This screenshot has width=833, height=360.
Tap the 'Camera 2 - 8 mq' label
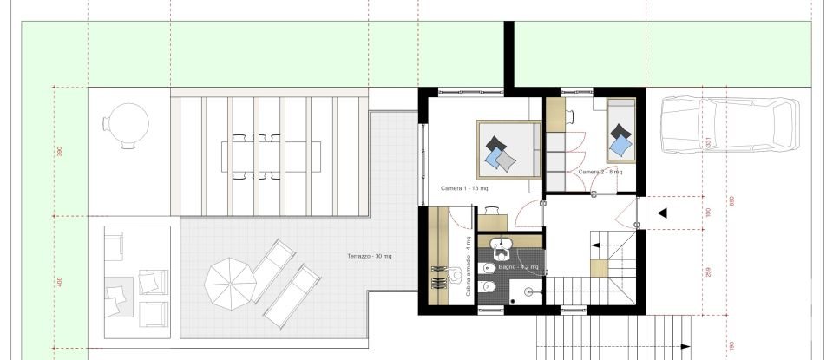pyautogui.click(x=600, y=172)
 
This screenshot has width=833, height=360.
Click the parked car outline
pyautogui.click(x=729, y=126)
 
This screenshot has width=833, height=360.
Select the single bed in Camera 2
pyautogui.click(x=621, y=128)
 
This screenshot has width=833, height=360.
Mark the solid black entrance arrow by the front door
pyautogui.click(x=662, y=213)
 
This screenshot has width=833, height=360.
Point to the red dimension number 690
pyautogui.click(x=732, y=201)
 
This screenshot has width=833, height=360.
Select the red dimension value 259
pyautogui.click(x=708, y=270)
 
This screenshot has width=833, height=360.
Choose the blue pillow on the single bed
pyautogui.click(x=620, y=147)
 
